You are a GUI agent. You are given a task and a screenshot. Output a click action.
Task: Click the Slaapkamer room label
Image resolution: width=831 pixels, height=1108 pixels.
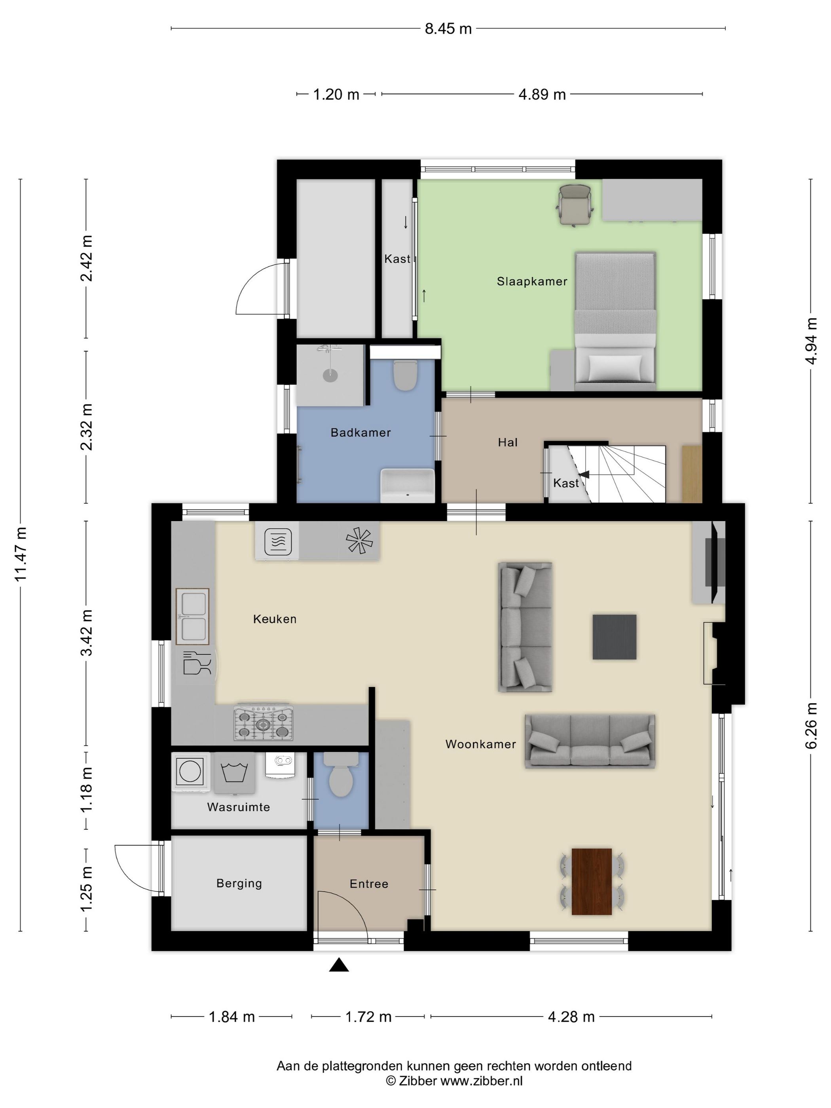pos(532,281)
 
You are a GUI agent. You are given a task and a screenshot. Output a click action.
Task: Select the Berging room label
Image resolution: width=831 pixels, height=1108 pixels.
pos(239,883)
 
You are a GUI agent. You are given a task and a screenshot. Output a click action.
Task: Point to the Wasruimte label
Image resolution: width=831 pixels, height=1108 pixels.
pos(239,807)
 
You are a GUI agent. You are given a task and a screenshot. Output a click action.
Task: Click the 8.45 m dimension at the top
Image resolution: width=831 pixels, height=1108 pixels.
pos(448,28)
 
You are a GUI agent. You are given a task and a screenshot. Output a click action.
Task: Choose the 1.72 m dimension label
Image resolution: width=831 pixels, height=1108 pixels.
pos(368,1017)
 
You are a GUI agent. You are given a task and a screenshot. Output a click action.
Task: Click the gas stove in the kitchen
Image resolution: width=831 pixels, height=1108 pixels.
pos(264,723)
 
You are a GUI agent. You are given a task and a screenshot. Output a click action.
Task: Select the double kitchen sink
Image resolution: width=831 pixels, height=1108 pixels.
pos(192,616)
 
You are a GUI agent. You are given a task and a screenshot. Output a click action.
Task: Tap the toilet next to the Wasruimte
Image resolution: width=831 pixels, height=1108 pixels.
pos(342,774)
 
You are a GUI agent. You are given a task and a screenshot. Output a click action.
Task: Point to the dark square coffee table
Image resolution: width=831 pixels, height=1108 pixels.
pos(615,637)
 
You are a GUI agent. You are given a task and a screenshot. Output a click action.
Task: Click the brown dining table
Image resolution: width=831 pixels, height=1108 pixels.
pos(592,882)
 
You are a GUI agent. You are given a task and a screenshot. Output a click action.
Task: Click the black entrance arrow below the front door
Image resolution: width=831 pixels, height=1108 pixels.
pos(339,964)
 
